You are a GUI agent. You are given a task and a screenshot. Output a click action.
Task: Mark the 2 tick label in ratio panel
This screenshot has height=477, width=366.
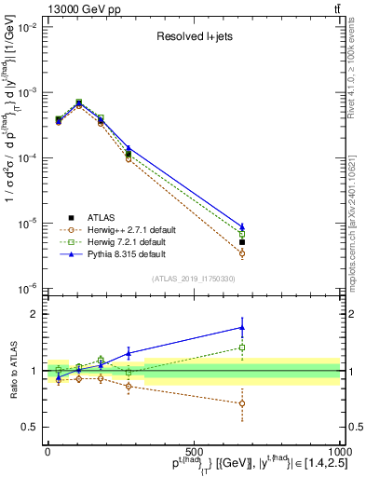(x=31, y=315)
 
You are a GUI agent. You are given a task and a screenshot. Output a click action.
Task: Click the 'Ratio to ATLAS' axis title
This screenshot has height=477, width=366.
(x=12, y=370)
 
